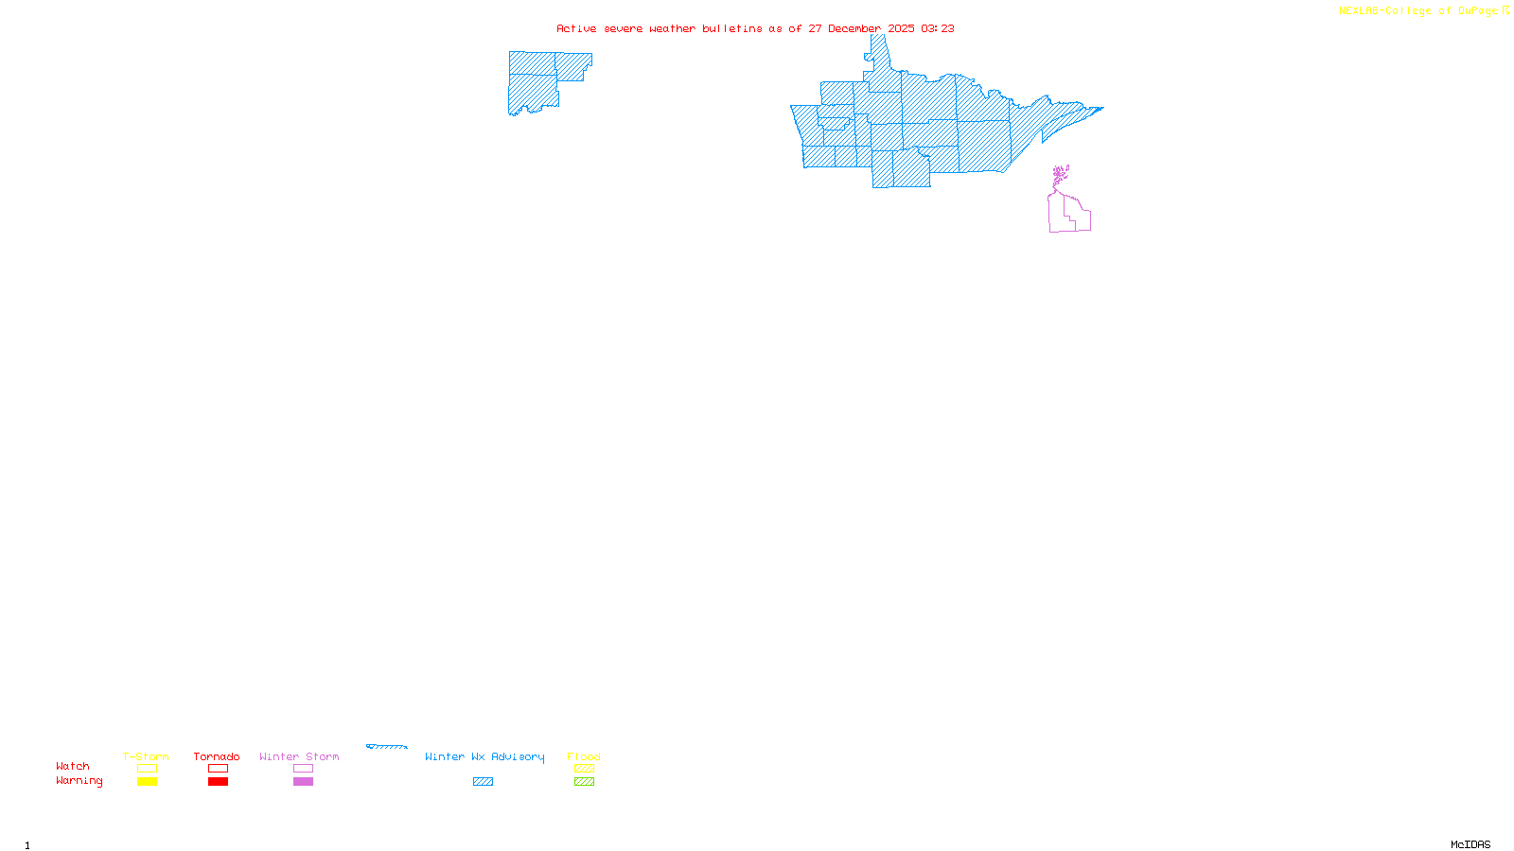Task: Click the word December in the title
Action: [x=854, y=28]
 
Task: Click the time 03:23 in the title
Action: [x=938, y=28]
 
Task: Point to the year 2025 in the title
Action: [x=901, y=28]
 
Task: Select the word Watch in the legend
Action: [x=73, y=766]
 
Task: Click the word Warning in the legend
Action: [x=79, y=781]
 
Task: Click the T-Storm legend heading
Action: [x=146, y=756]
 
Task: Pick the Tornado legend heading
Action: [x=217, y=756]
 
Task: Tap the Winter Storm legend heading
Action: [x=299, y=756]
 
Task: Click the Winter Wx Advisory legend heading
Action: [x=484, y=756]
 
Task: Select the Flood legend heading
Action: [x=584, y=756]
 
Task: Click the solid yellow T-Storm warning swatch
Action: [x=147, y=782]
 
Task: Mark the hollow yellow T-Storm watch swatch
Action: [x=147, y=769]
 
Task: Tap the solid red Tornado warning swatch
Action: [x=219, y=782]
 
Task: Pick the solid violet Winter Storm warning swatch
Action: [x=303, y=782]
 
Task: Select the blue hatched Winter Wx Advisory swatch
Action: [x=483, y=782]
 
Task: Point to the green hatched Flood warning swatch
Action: [x=585, y=782]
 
